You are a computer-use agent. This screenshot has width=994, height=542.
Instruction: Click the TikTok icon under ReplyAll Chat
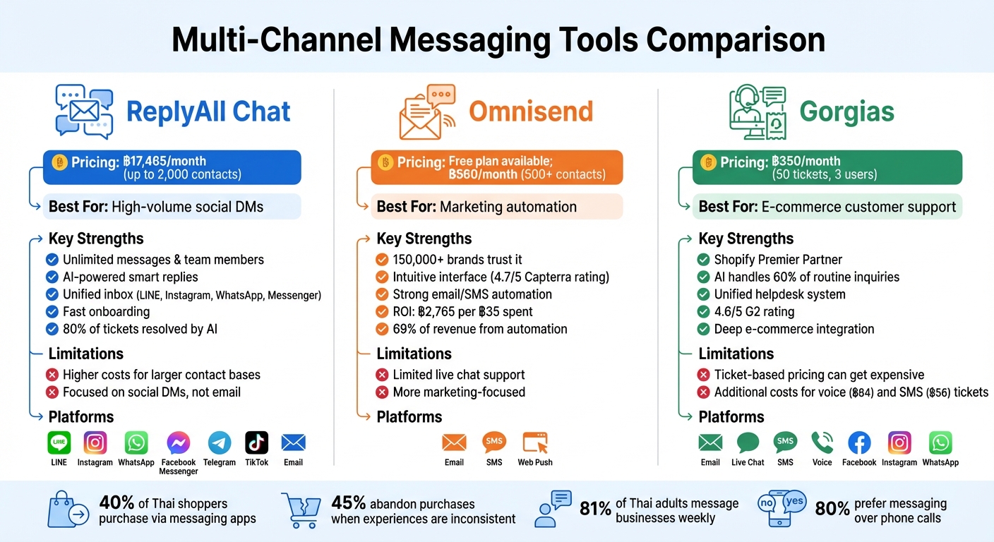[257, 443]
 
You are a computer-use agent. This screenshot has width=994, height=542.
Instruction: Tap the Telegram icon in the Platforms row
[220, 443]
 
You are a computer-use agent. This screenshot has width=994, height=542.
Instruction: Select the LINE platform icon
[59, 443]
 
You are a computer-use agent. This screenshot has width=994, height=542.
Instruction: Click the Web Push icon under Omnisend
[535, 443]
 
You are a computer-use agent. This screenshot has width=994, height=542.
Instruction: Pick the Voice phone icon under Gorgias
[822, 443]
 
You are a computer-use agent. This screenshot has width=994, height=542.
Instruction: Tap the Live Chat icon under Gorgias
[748, 443]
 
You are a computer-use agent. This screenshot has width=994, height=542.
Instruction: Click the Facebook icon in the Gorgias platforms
[859, 443]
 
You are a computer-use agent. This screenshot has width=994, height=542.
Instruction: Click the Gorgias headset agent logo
[756, 112]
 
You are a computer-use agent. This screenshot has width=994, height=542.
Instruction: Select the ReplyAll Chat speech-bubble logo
[84, 111]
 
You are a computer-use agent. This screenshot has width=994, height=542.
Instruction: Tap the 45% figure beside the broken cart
[349, 503]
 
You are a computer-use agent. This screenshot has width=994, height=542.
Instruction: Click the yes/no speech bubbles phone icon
[782, 509]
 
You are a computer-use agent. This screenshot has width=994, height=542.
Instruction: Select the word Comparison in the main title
[736, 40]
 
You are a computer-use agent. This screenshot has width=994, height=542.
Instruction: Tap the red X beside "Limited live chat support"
[382, 375]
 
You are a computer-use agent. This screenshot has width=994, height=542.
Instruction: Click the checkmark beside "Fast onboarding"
[52, 311]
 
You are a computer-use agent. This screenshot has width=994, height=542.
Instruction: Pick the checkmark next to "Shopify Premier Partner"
[703, 260]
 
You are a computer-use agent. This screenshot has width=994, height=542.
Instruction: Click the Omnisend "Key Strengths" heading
[424, 239]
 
